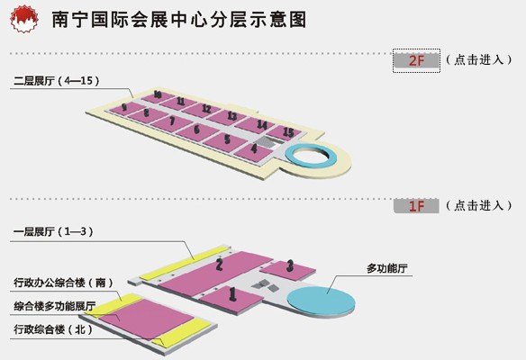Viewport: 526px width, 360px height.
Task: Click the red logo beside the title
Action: (x=23, y=19)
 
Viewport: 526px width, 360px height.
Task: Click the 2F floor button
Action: (x=416, y=60)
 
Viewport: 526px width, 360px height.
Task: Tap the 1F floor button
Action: (x=416, y=206)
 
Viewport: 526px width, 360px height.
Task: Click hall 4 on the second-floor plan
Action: (x=254, y=152)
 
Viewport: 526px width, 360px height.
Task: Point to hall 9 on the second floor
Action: (x=124, y=109)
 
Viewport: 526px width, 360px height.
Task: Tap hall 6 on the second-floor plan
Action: (x=198, y=131)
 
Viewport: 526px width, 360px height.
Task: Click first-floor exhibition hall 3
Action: (x=288, y=270)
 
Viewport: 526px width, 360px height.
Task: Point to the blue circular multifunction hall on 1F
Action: (x=321, y=301)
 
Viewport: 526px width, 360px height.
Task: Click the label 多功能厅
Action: (x=386, y=268)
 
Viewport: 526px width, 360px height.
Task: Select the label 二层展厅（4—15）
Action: (x=57, y=81)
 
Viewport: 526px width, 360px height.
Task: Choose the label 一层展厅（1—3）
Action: (x=53, y=231)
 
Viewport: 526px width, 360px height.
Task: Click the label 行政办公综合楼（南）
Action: (x=63, y=283)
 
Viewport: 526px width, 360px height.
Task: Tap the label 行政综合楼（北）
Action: (x=53, y=329)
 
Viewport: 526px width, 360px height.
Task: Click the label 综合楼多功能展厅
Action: (x=55, y=306)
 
